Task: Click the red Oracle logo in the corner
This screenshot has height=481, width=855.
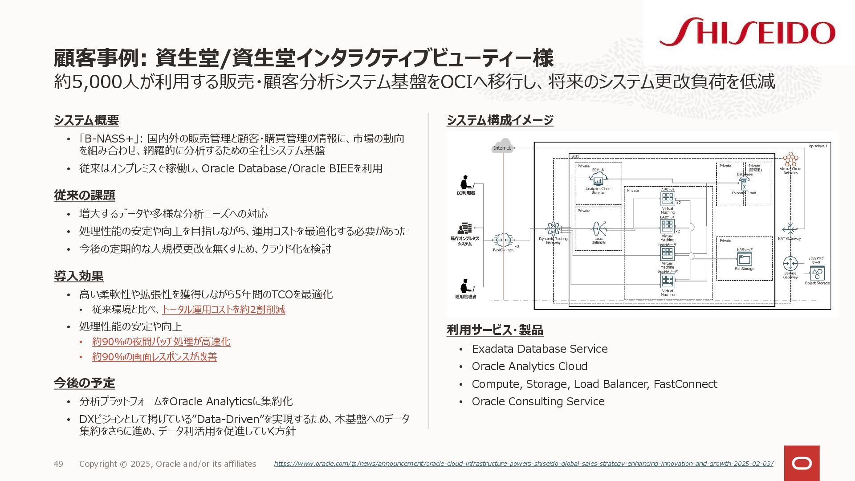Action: (x=802, y=463)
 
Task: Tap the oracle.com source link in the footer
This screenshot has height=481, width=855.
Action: (x=523, y=464)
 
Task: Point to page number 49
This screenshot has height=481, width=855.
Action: (x=58, y=464)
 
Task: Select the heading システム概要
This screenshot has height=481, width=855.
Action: (x=86, y=120)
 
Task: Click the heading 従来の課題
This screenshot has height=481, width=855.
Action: (x=85, y=196)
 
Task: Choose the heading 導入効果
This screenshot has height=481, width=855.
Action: (x=79, y=276)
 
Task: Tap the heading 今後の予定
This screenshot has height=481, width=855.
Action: (x=85, y=383)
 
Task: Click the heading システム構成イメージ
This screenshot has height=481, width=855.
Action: (x=500, y=120)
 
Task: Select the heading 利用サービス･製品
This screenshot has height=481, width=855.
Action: (x=495, y=330)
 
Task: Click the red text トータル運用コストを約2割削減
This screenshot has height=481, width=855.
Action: (x=223, y=310)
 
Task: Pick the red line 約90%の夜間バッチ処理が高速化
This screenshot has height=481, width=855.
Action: (x=161, y=342)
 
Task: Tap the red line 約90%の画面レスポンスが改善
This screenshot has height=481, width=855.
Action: (x=155, y=357)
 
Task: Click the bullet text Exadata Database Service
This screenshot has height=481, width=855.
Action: (x=540, y=349)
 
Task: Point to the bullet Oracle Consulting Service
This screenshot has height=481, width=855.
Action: (x=538, y=401)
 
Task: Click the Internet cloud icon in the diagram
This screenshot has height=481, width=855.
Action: (x=503, y=147)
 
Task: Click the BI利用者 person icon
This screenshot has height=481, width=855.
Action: (x=466, y=183)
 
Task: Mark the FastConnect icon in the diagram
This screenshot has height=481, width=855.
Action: (x=503, y=240)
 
